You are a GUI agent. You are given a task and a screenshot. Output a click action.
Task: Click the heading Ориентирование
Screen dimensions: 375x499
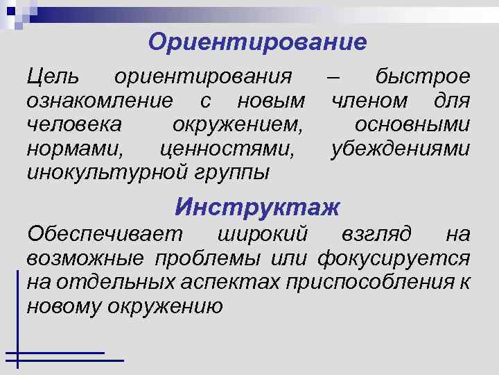(257, 42)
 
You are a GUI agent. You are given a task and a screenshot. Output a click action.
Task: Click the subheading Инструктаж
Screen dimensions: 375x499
(258, 206)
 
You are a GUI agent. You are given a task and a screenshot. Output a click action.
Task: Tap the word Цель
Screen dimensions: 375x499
(53, 76)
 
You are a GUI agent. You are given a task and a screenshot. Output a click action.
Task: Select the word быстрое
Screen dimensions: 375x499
(422, 76)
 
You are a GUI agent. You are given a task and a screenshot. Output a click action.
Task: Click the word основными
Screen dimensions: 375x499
(412, 125)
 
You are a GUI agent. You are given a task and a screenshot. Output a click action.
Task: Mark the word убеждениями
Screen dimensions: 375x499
(401, 149)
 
